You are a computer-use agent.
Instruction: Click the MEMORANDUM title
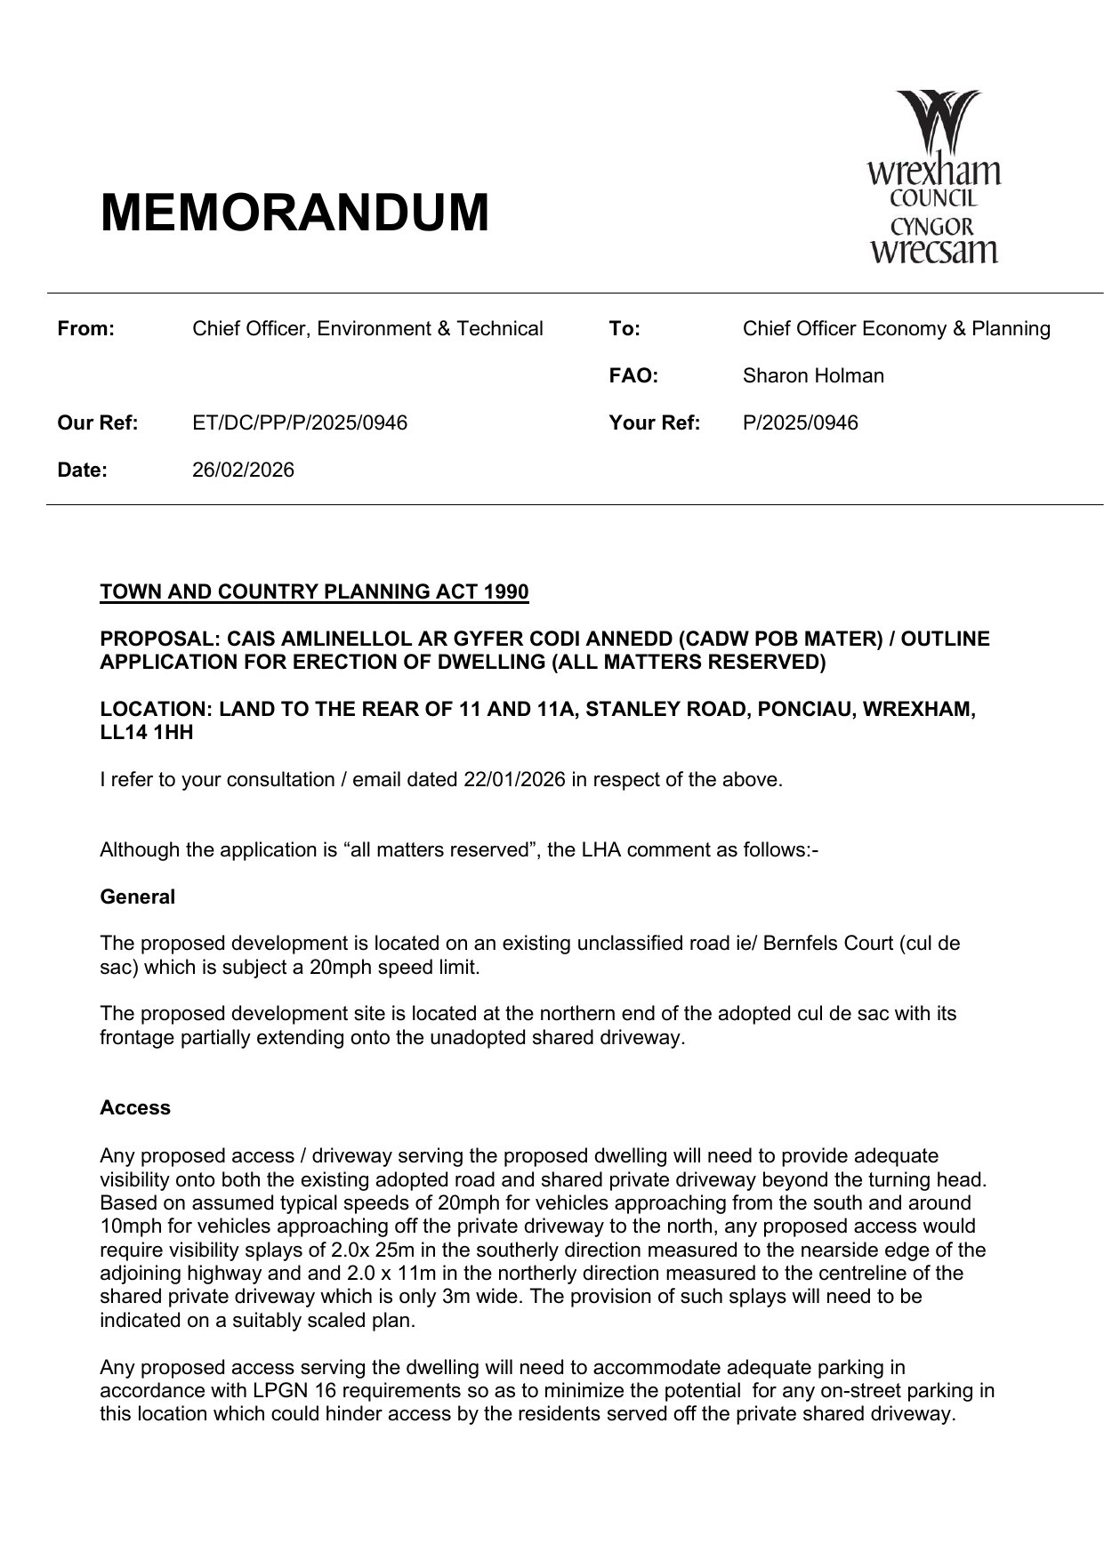click(294, 213)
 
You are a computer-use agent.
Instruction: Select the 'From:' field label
click(86, 329)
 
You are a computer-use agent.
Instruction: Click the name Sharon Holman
click(813, 376)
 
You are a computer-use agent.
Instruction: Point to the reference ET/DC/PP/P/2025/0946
click(300, 423)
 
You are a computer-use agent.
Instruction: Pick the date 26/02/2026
click(243, 470)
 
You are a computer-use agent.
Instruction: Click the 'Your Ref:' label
click(654, 423)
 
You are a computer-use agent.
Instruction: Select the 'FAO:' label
click(633, 376)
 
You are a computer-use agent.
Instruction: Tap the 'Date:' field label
click(82, 470)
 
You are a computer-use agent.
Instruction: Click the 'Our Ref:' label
click(97, 423)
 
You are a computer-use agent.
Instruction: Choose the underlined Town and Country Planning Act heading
click(314, 592)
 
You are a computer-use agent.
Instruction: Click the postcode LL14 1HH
click(146, 734)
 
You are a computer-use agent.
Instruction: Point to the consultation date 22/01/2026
click(514, 780)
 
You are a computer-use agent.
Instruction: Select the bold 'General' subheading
click(137, 897)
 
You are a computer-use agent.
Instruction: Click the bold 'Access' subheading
click(135, 1108)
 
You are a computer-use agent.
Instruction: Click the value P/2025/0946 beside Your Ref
click(800, 423)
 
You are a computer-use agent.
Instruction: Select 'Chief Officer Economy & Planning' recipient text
click(896, 329)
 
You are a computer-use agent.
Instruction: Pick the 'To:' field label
click(625, 329)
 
